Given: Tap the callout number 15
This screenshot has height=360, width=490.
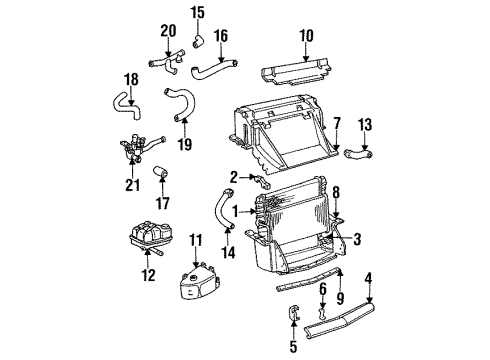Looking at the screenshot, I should point(197,12).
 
